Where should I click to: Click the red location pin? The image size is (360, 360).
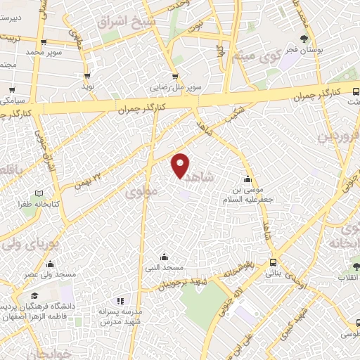click(x=181, y=165)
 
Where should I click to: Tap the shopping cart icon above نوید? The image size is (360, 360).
click(x=88, y=75)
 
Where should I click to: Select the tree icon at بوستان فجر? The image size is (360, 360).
click(x=304, y=39)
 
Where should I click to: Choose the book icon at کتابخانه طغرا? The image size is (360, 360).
click(x=39, y=193)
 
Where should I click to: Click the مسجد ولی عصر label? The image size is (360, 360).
click(x=50, y=276)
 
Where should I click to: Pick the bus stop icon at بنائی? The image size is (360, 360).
click(x=273, y=262)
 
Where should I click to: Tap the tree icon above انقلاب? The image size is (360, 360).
click(x=356, y=266)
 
